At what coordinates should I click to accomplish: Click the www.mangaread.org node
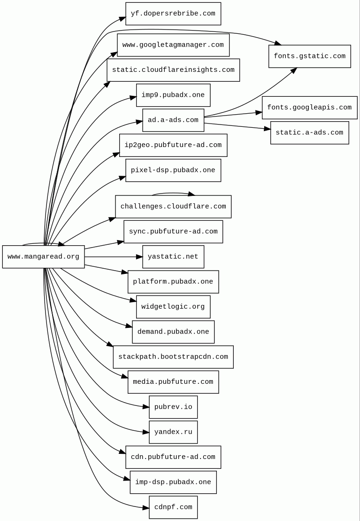tap(43, 257)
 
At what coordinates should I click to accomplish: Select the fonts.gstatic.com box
tap(309, 56)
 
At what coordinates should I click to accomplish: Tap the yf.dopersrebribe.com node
tap(173, 14)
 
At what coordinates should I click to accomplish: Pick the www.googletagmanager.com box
tap(173, 45)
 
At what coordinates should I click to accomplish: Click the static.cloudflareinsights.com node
tap(173, 70)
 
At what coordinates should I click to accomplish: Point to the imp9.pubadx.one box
tap(173, 95)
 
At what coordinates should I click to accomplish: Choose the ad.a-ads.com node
tap(173, 120)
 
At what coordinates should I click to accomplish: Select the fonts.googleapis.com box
tap(309, 108)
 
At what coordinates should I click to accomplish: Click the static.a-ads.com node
tap(309, 133)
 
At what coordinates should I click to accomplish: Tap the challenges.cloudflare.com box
tap(173, 207)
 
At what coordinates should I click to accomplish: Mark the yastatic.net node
tap(173, 257)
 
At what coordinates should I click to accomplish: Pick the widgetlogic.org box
tap(173, 307)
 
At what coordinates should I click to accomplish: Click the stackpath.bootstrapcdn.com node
tap(173, 357)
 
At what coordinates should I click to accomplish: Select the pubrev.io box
tap(173, 407)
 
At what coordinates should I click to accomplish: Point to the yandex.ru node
tap(173, 432)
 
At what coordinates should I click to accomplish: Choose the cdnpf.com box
tap(173, 507)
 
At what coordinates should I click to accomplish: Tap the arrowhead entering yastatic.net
tap(139, 257)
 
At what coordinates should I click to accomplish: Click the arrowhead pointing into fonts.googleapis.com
tap(259, 112)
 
